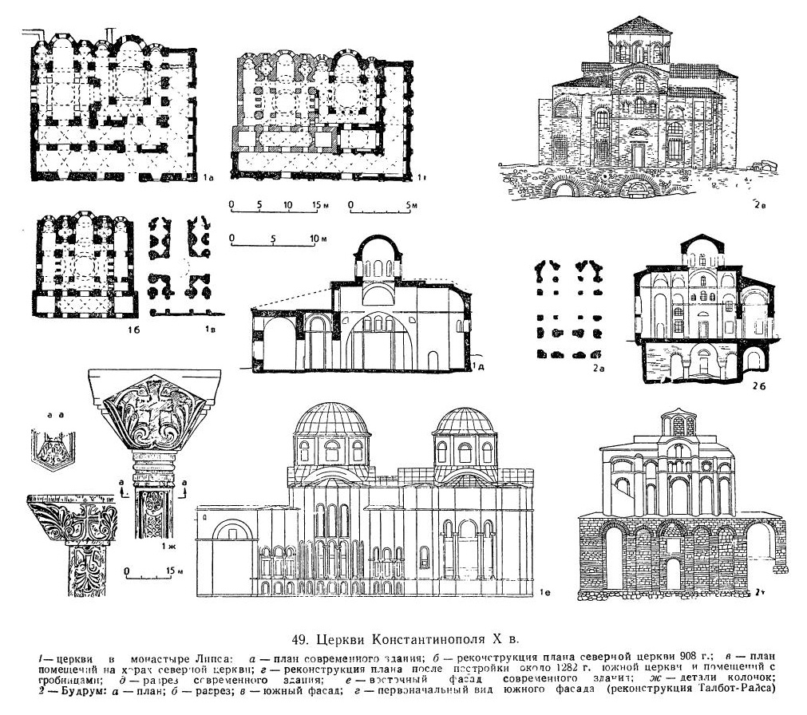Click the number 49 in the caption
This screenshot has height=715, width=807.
tap(301, 638)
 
